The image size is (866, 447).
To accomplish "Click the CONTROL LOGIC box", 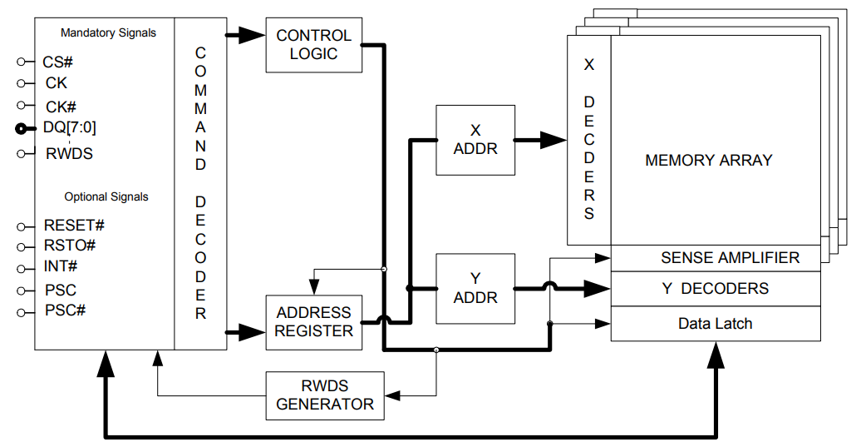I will click(313, 45).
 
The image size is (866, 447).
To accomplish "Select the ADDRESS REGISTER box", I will click(313, 322).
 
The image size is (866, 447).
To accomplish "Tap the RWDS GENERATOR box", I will click(325, 395).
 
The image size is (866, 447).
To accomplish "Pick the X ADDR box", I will click(475, 140).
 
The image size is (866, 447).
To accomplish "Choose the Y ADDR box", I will click(475, 288).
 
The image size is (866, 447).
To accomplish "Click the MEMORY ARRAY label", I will click(708, 161).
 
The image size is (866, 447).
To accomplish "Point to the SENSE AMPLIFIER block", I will click(729, 258).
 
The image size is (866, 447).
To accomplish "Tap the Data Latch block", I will click(715, 324).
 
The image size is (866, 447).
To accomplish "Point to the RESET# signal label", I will click(73, 226).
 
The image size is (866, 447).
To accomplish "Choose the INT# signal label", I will click(61, 267).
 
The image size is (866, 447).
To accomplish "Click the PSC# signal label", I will click(65, 310).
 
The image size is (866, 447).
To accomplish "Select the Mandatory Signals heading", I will click(108, 33).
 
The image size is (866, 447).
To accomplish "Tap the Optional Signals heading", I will click(106, 197).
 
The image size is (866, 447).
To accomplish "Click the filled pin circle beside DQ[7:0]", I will click(21, 128).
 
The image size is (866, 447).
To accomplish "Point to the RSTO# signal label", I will click(69, 246).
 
